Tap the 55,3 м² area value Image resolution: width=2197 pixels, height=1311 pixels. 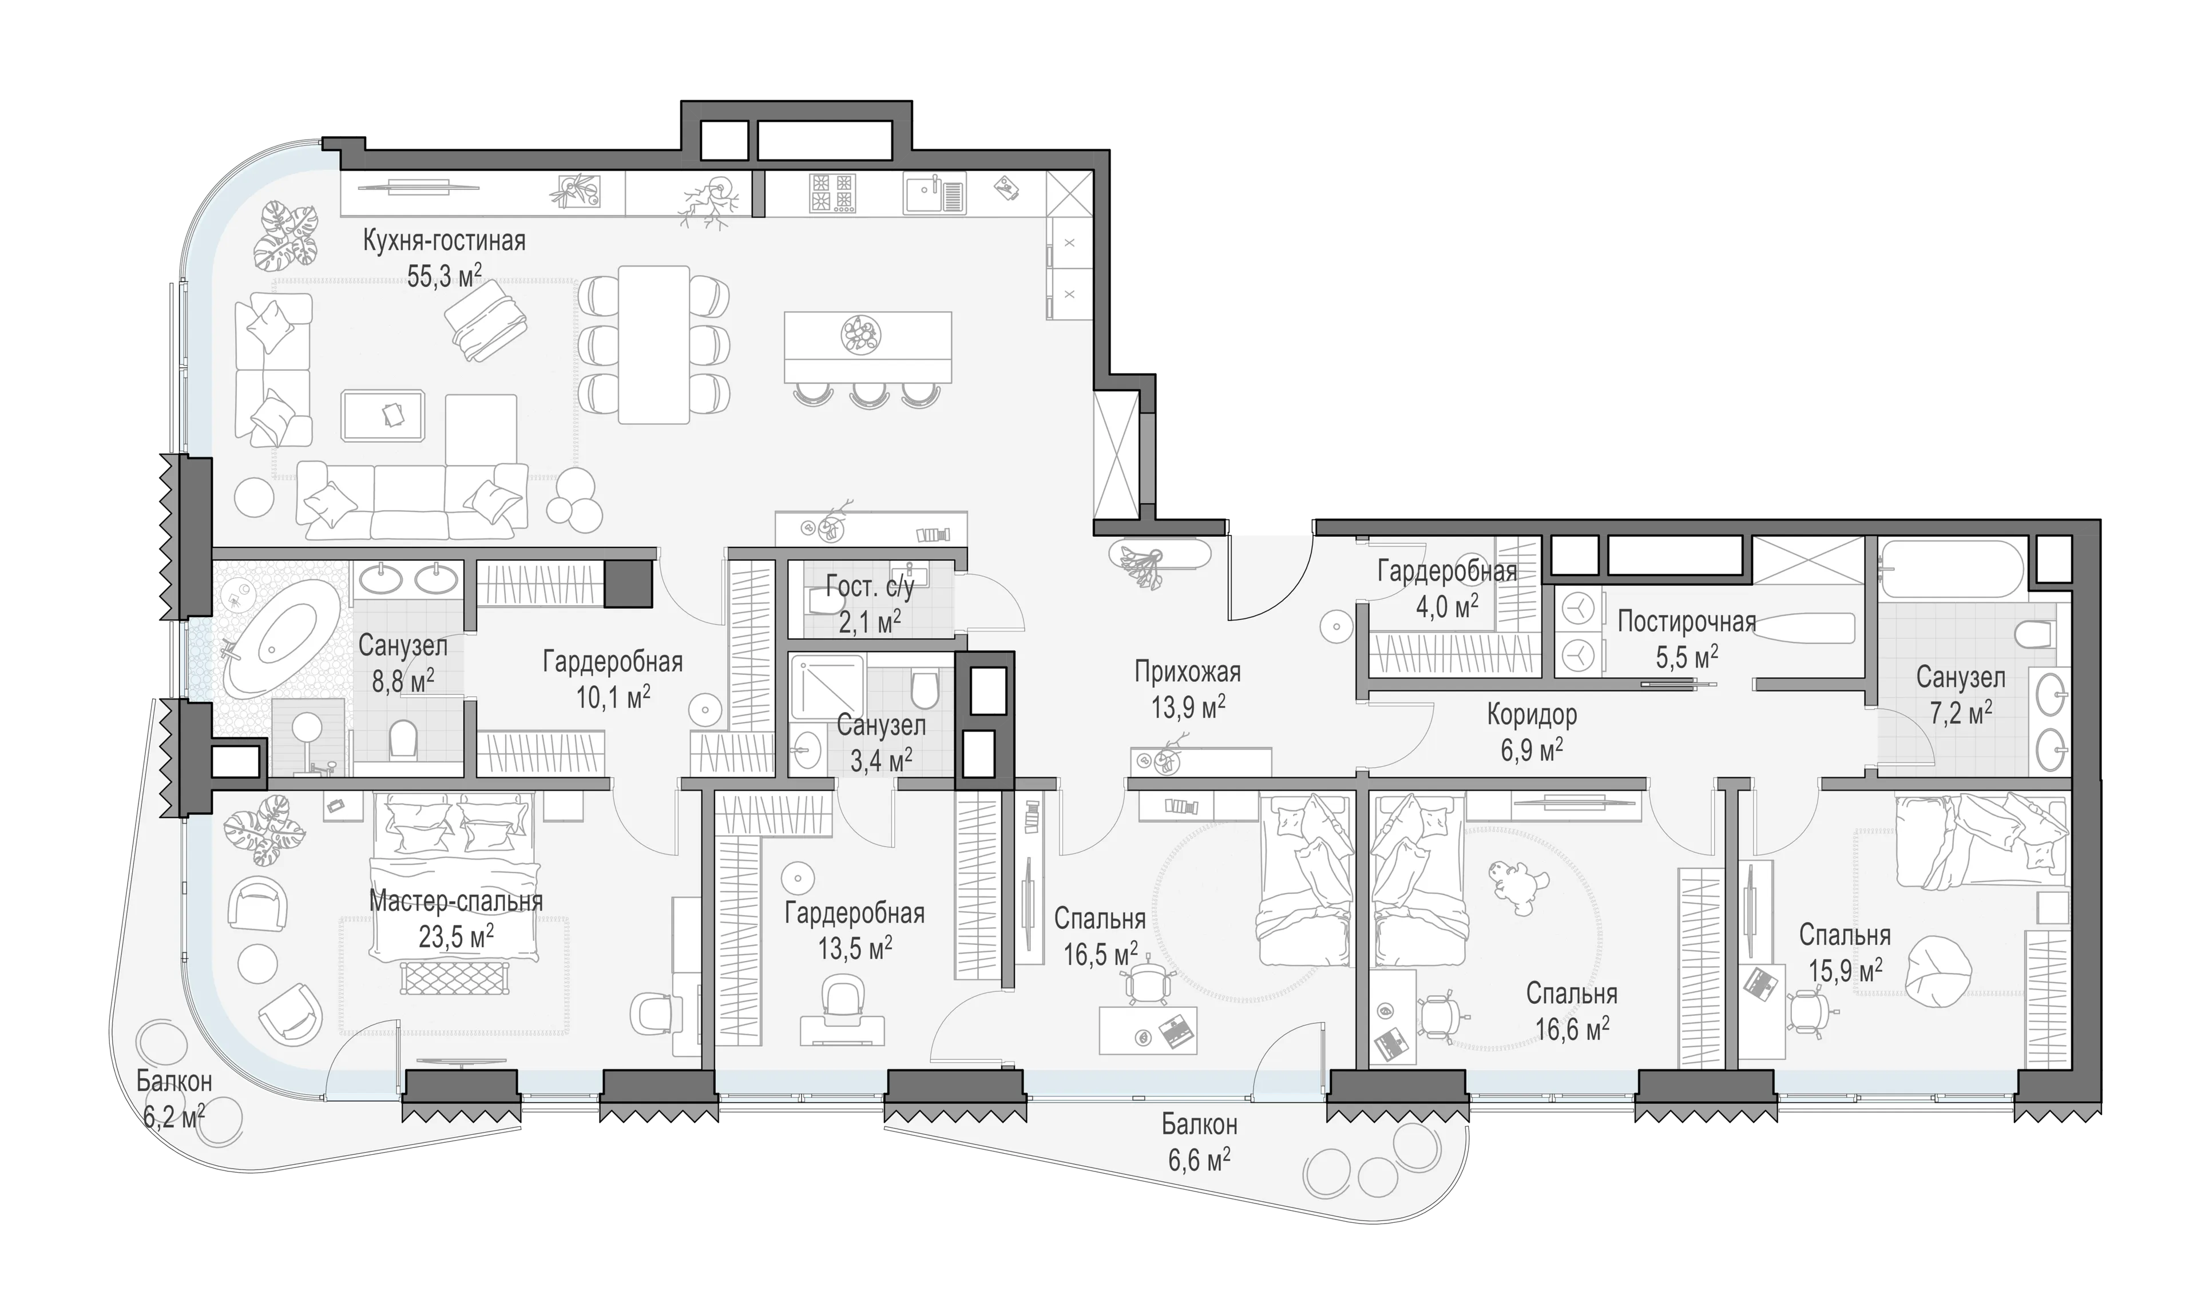(x=445, y=276)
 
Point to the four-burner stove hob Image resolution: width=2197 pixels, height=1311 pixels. (x=832, y=193)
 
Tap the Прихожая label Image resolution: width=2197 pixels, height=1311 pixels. (x=1187, y=672)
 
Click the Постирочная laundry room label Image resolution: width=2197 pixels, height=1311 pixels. (x=1687, y=621)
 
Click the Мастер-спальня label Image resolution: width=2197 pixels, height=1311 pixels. (x=456, y=901)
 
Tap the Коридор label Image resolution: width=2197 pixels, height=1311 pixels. (x=1532, y=714)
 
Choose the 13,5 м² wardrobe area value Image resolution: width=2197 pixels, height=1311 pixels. (x=855, y=949)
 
